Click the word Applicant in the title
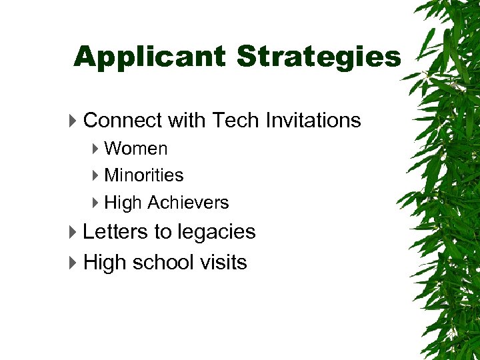coord(151,57)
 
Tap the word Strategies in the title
coord(319,57)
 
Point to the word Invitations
coord(313,121)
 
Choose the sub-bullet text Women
coord(136,149)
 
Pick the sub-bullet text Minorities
coord(144,175)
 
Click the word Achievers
coord(188,203)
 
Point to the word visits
coord(223,263)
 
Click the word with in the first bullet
coord(187,121)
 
